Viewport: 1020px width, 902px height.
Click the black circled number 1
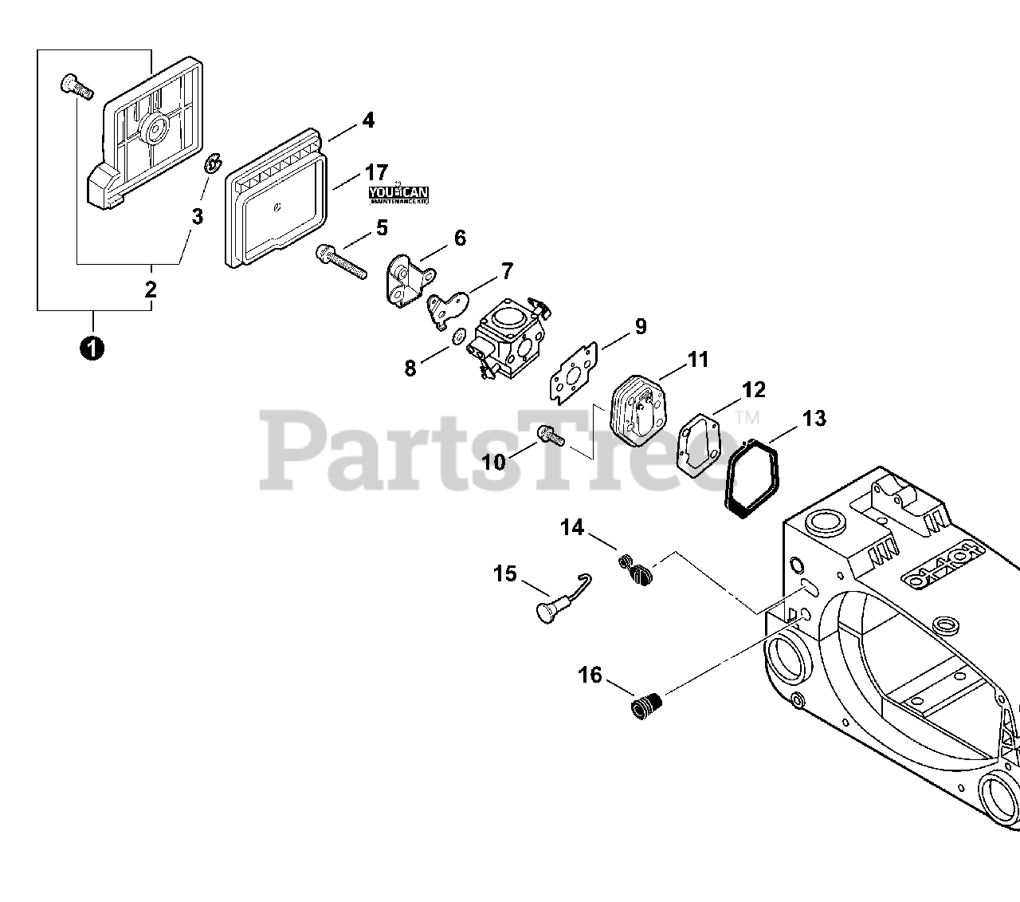[x=93, y=348]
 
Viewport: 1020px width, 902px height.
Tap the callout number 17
[x=376, y=172]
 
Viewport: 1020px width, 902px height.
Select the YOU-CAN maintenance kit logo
[x=398, y=193]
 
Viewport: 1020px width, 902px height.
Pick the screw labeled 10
[x=551, y=435]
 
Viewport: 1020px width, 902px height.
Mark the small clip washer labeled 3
[x=213, y=166]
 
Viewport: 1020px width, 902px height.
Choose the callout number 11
[x=698, y=360]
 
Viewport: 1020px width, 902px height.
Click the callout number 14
[x=571, y=527]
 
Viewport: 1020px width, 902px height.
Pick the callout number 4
[x=367, y=120]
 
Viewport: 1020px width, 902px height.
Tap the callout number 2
[x=151, y=290]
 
